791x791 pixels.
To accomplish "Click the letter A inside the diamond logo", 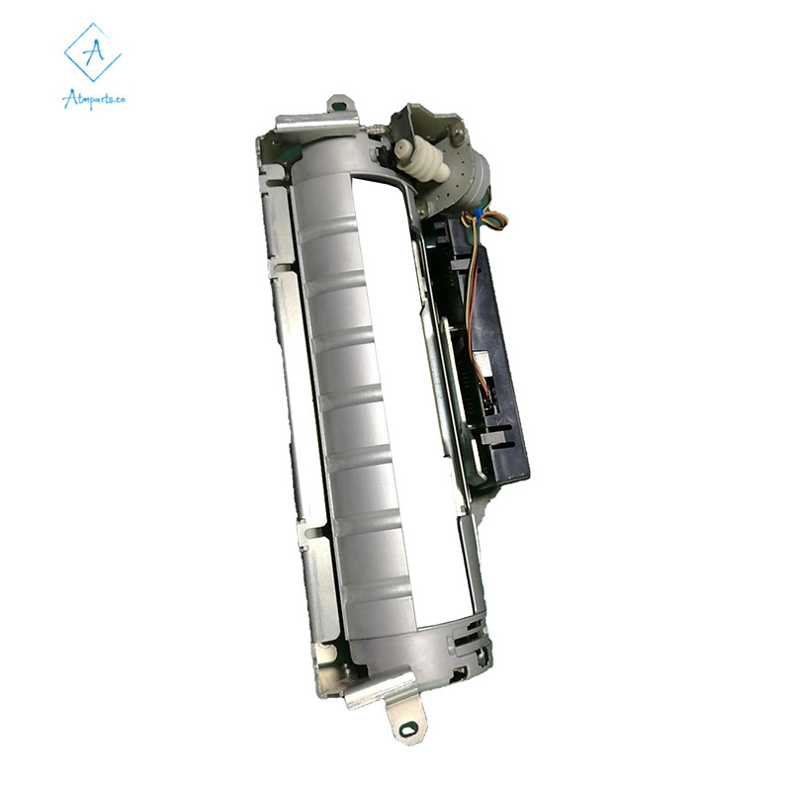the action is click(93, 50).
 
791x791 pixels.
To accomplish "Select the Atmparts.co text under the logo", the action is click(93, 100).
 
